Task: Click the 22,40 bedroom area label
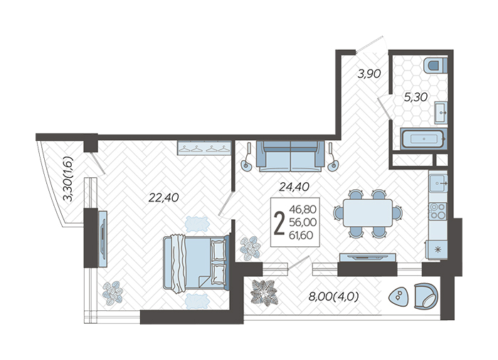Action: pos(164,198)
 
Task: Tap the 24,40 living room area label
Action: pos(294,186)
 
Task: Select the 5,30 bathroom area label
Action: pos(415,97)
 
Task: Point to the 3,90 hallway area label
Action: pos(369,74)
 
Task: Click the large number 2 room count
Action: pos(279,223)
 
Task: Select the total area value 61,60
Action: pos(301,235)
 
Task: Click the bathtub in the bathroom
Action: pos(424,139)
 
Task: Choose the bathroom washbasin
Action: pos(441,113)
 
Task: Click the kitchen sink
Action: pos(438,184)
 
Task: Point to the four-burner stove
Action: pos(438,211)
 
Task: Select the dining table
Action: pos(368,213)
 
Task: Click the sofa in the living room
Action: pos(290,157)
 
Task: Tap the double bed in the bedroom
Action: pos(196,263)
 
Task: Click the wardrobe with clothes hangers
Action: pos(204,148)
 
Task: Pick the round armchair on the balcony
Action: pos(426,296)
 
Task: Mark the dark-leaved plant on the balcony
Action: pos(264,292)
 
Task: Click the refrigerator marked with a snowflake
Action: pos(437,250)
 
